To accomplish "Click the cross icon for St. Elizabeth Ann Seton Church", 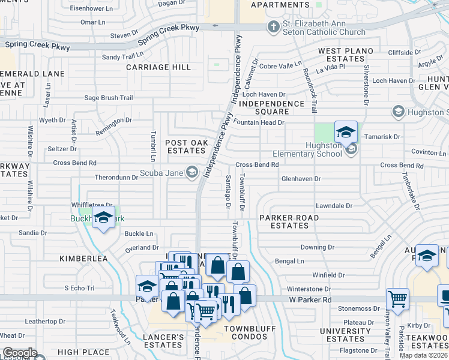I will [274, 26].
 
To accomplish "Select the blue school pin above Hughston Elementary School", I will [346, 132].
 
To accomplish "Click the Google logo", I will [20, 353].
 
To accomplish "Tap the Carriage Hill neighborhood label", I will [158, 67].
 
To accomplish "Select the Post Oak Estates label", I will [187, 147].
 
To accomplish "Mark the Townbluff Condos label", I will [254, 332].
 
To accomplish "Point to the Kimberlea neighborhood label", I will [83, 259].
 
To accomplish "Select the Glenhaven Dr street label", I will [301, 179].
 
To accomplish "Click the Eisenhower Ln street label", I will [92, 8].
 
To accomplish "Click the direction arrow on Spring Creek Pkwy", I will [214, 26].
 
